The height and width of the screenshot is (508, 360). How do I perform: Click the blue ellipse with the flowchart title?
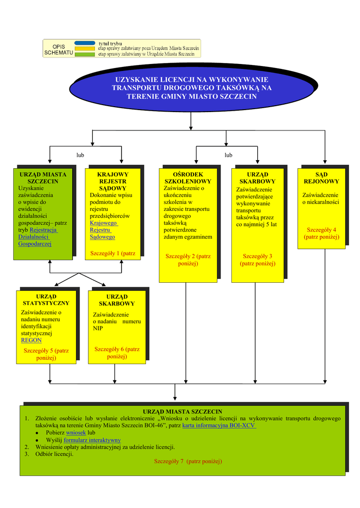coord(192,87)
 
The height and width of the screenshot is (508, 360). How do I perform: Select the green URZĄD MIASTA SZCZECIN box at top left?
coord(43,213)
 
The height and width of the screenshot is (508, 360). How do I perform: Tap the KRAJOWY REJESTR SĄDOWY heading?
coord(113,182)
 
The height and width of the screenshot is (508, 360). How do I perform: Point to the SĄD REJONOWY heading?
coord(321,178)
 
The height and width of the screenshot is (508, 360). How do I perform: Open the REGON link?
coord(31,340)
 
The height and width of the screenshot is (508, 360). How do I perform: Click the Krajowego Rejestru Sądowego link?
coord(103,230)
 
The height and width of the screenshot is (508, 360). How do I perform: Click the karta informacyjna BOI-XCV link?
coord(219,426)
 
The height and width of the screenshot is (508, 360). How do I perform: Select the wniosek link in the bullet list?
coord(76,433)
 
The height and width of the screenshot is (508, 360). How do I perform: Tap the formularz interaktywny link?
coord(92,440)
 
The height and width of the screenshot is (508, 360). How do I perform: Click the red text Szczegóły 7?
coord(188,461)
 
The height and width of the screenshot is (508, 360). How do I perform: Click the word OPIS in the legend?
coord(59,47)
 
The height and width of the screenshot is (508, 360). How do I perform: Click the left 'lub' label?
coord(80,155)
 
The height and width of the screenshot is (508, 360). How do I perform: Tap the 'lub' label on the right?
coord(228,155)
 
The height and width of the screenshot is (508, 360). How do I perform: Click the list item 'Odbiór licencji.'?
coord(54,454)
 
